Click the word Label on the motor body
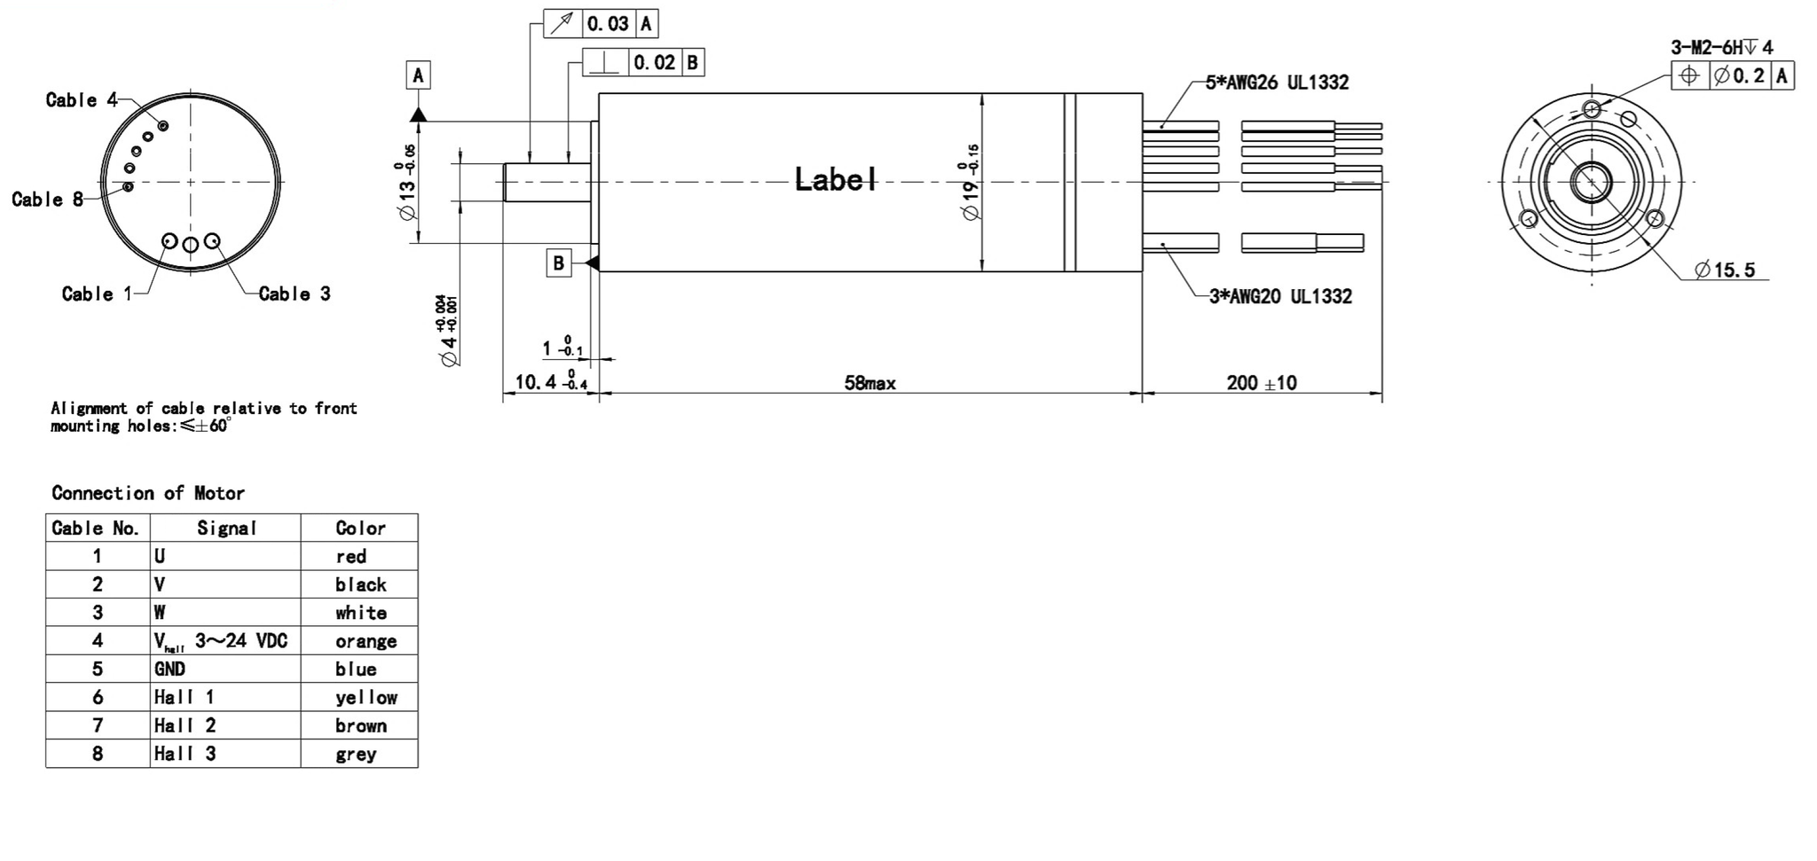835,180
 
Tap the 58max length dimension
869,383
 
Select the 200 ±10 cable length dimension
1261,383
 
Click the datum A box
419,75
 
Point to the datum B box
558,262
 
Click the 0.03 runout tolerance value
608,24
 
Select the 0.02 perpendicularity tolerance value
655,63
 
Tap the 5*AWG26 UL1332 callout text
1277,82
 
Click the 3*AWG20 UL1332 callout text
1280,296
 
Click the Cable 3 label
295,294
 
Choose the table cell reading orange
366,641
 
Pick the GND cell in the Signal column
170,669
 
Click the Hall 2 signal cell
185,725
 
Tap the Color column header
360,528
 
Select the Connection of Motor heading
148,493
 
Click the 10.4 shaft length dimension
539,382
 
